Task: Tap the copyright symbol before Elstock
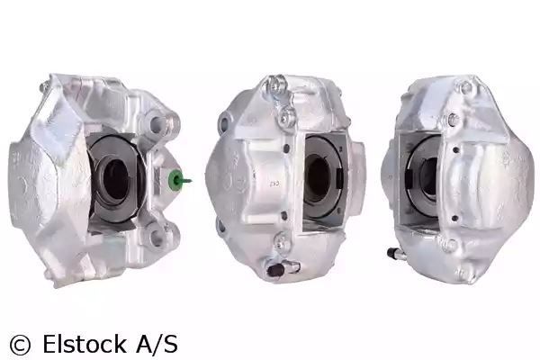[20, 344]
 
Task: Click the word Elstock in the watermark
[84, 344]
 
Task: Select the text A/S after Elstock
[157, 344]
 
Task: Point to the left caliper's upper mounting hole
[157, 122]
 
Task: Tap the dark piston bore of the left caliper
[115, 180]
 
